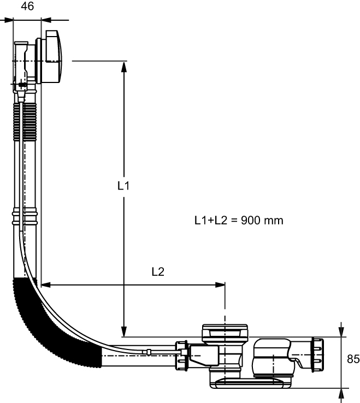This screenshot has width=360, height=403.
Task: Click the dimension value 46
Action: click(27, 6)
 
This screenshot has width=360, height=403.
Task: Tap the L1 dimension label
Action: click(123, 186)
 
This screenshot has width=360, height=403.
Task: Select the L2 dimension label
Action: click(158, 271)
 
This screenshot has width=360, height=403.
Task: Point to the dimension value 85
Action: click(353, 359)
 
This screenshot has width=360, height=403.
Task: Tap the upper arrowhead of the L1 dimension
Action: click(124, 67)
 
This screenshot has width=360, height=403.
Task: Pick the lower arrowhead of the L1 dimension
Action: click(124, 331)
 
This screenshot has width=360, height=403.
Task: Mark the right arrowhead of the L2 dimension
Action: click(220, 285)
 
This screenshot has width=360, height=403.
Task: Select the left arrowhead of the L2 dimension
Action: click(46, 285)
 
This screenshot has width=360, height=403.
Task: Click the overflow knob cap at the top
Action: click(54, 57)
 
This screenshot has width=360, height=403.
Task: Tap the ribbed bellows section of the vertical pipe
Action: click(25, 122)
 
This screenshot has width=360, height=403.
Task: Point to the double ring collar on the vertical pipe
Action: click(25, 218)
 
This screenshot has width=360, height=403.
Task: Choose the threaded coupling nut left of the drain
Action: click(181, 355)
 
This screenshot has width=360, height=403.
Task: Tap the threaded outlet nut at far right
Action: click(317, 355)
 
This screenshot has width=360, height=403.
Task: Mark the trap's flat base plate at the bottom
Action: click(251, 383)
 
